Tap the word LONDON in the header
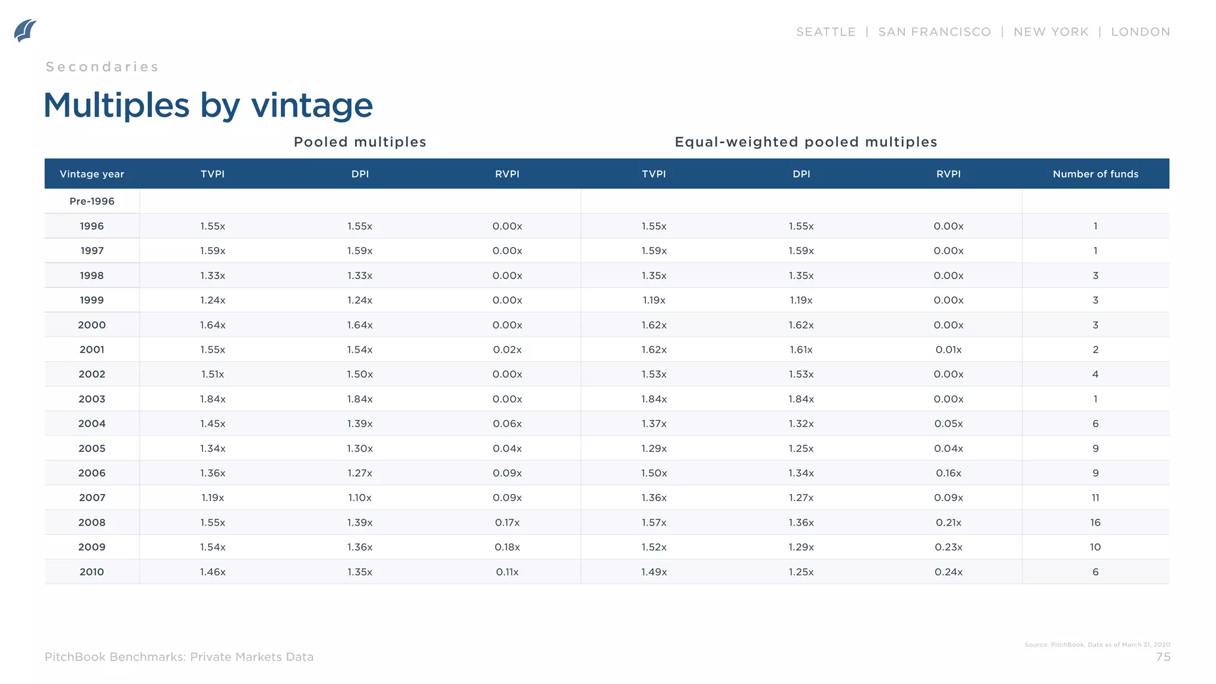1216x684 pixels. pyautogui.click(x=1140, y=32)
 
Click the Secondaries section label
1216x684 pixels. pyautogui.click(x=102, y=67)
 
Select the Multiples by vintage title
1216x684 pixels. pyautogui.click(x=208, y=105)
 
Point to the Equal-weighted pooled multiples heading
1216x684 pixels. pyautogui.click(x=806, y=142)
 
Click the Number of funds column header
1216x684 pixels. pyautogui.click(x=1095, y=174)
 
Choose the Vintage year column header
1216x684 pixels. pyautogui.click(x=92, y=174)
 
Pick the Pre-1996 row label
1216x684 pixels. pyautogui.click(x=92, y=201)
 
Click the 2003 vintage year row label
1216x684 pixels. pyautogui.click(x=92, y=399)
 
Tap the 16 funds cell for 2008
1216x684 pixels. pyautogui.click(x=1095, y=522)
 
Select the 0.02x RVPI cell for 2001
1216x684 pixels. pyautogui.click(x=507, y=350)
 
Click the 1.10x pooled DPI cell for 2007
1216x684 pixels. pyautogui.click(x=360, y=498)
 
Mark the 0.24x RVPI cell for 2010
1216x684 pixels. pyautogui.click(x=948, y=572)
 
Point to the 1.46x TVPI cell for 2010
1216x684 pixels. pyautogui.click(x=213, y=572)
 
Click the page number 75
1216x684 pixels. pyautogui.click(x=1163, y=657)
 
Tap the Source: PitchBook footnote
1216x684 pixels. pyautogui.click(x=1097, y=645)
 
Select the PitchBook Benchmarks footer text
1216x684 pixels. pyautogui.click(x=179, y=657)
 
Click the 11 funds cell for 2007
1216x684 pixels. pyautogui.click(x=1095, y=498)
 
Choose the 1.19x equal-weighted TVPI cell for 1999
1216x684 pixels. pyautogui.click(x=654, y=300)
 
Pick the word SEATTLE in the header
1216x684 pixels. pyautogui.click(x=826, y=32)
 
